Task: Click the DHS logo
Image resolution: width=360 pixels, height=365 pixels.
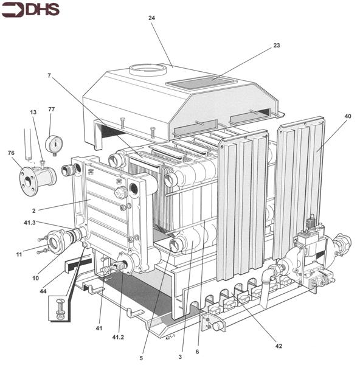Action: tap(30, 10)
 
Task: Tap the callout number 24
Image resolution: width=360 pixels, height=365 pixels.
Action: tap(151, 18)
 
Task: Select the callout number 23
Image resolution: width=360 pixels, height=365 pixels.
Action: tap(277, 46)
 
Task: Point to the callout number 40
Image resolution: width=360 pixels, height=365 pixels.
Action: tap(348, 116)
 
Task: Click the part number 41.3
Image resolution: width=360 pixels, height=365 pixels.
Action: tap(30, 223)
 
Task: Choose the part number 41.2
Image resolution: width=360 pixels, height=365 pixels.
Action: tap(118, 337)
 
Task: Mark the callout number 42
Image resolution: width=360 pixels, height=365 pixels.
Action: tap(279, 346)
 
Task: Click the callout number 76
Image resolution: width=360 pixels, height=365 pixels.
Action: tap(11, 153)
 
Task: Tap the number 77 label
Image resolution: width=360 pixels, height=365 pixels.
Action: tap(52, 109)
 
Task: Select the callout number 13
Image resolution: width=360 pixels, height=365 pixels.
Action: tap(33, 112)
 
